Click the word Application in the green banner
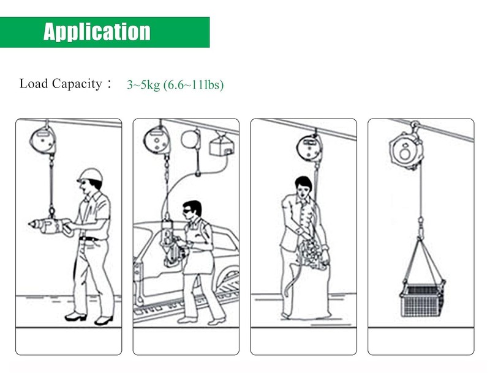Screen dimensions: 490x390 pyautogui.click(x=97, y=32)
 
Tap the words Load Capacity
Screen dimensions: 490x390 pyautogui.click(x=61, y=84)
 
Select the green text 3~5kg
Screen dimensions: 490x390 pyautogui.click(x=143, y=84)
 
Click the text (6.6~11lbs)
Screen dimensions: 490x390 pyautogui.click(x=194, y=85)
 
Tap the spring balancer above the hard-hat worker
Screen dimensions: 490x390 pyautogui.click(x=43, y=140)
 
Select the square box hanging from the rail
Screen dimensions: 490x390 pyautogui.click(x=222, y=145)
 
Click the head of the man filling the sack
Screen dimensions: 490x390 pyautogui.click(x=303, y=186)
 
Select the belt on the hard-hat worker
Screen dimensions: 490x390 pyautogui.click(x=91, y=238)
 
